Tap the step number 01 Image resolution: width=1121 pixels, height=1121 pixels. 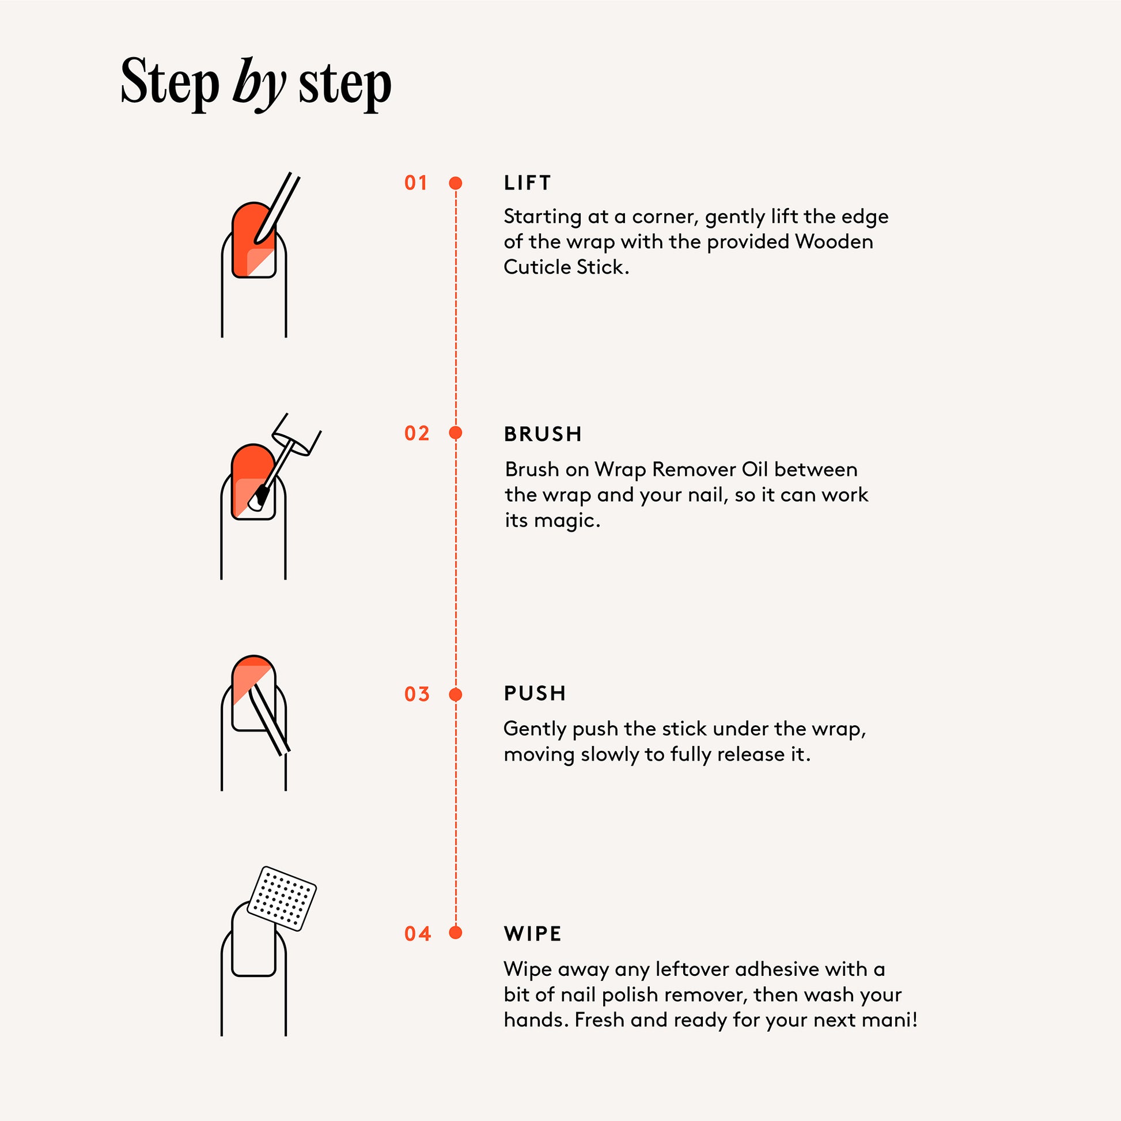[x=416, y=183]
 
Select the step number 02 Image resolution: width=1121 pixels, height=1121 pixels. [x=416, y=433]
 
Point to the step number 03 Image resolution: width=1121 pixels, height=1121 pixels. [x=416, y=694]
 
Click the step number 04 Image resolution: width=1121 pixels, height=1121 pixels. [x=417, y=934]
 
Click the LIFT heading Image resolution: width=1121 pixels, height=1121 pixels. [x=527, y=183]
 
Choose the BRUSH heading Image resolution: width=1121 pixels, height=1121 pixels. [x=543, y=434]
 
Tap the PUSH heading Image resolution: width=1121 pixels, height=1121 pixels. [x=535, y=694]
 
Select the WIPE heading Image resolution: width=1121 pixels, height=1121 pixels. [x=533, y=934]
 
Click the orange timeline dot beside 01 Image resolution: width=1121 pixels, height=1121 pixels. [x=456, y=183]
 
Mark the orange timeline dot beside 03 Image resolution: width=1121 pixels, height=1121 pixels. [x=456, y=694]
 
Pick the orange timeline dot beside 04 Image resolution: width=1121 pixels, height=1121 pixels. [x=456, y=933]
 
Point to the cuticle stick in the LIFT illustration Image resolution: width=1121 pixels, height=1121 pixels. [x=276, y=209]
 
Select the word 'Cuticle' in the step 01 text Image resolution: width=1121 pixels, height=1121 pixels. [x=537, y=267]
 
